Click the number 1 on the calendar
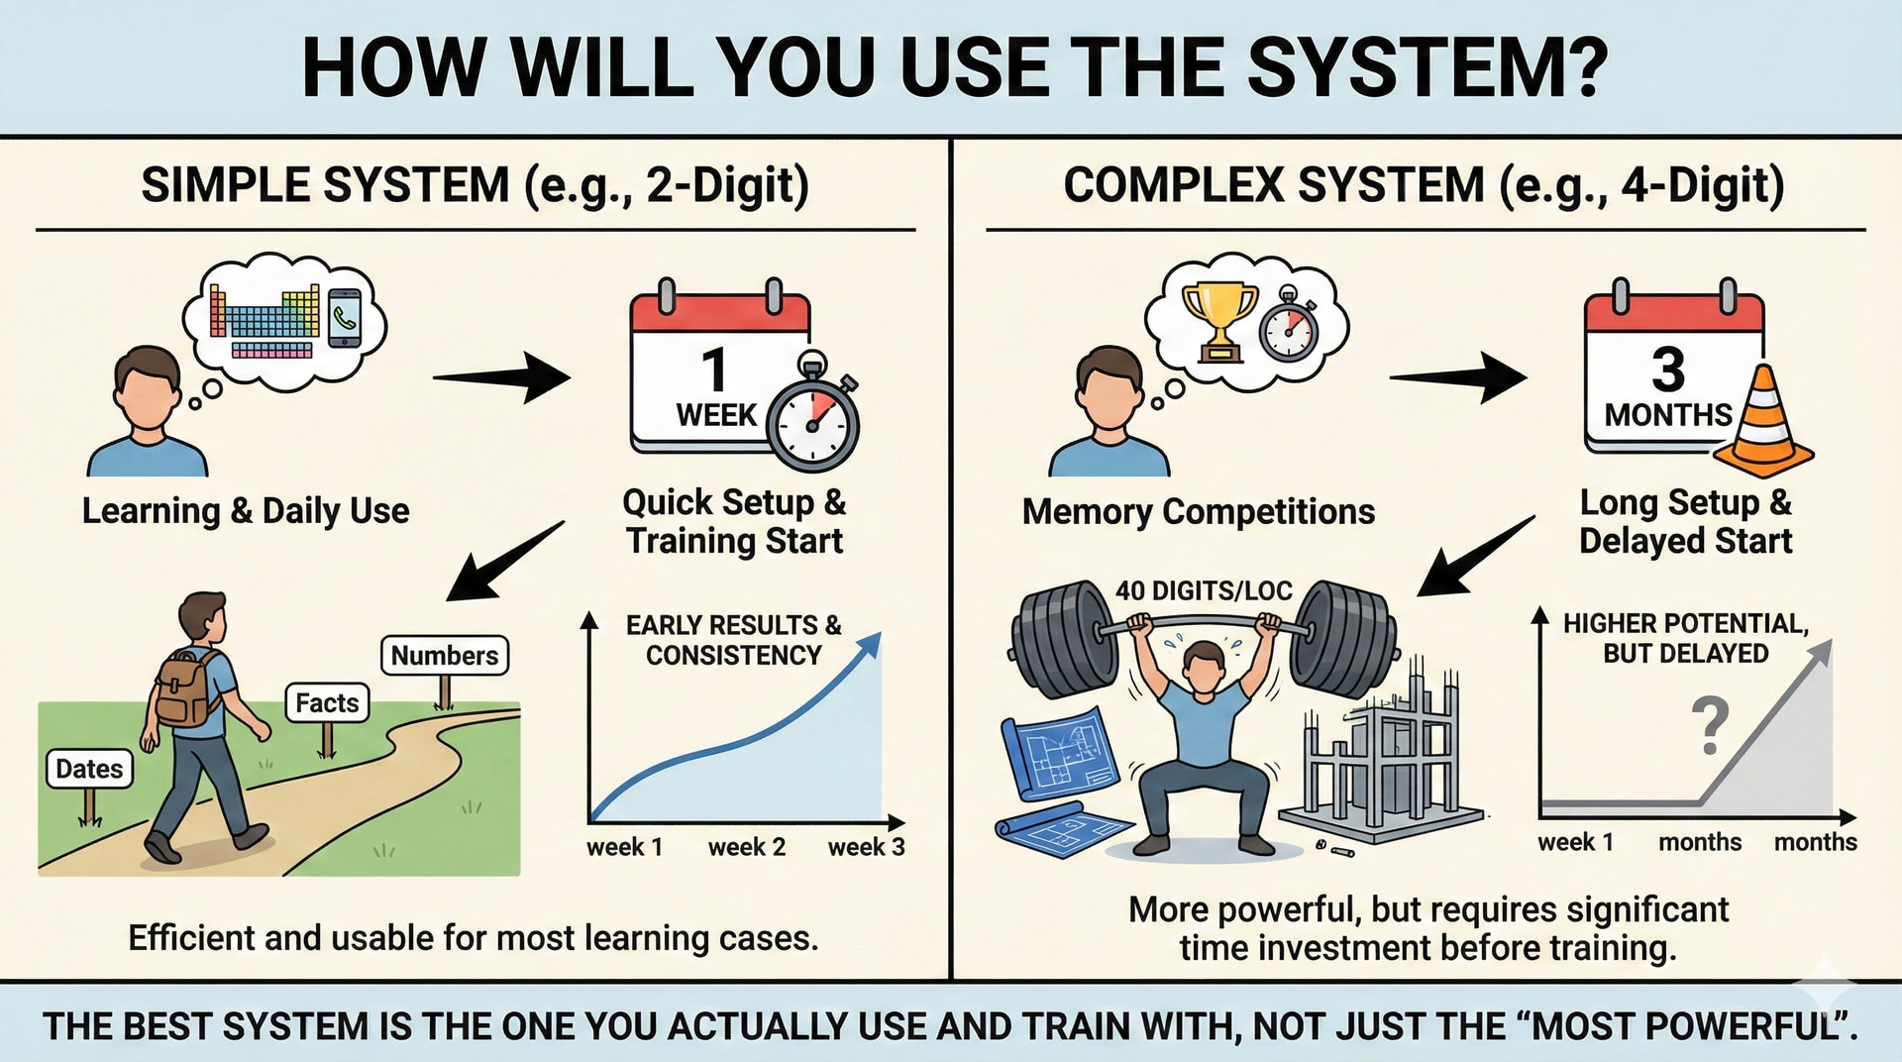coord(714,370)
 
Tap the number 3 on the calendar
coord(1668,370)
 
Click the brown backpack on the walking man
coord(185,690)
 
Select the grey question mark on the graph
coord(1710,724)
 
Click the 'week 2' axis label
coord(747,847)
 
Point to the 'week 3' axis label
coord(867,847)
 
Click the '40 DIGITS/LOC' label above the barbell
coord(1204,591)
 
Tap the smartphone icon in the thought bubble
coord(345,317)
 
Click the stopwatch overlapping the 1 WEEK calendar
coord(813,417)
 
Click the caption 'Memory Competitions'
coord(1199,511)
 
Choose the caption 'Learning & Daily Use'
coord(246,511)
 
